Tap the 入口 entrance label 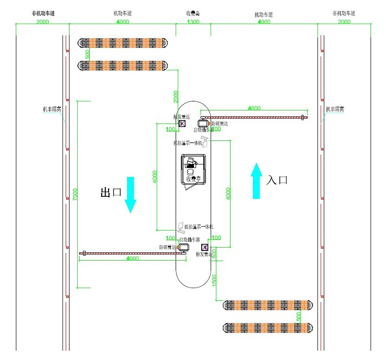[277, 180]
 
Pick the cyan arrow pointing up [257, 180]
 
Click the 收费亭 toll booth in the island [193, 172]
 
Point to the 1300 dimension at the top [193, 22]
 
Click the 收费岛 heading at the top [193, 14]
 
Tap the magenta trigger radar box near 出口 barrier [204, 248]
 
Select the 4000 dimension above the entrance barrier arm [255, 109]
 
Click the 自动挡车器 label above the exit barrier [189, 239]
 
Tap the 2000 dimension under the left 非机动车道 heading [42, 22]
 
